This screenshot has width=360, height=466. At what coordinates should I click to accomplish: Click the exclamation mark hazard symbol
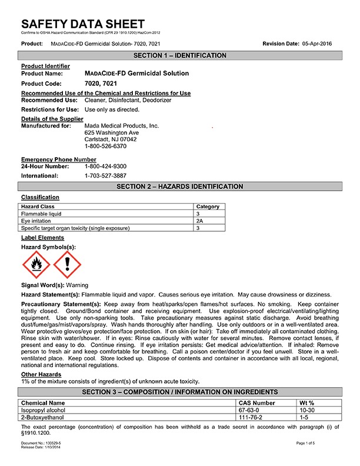[66, 265]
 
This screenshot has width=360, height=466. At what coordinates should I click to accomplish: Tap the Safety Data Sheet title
[82, 24]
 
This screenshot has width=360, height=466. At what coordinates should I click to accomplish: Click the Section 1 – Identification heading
[179, 55]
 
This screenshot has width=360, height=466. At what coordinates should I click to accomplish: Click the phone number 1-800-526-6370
[106, 146]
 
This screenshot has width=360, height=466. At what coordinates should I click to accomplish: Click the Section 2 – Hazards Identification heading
[179, 187]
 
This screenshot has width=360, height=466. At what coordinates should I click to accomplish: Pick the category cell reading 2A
[200, 221]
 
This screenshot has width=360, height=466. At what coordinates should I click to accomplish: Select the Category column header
[208, 207]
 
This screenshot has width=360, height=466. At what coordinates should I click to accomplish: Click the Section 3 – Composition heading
[179, 392]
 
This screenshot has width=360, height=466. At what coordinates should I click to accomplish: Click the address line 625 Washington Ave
[112, 132]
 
